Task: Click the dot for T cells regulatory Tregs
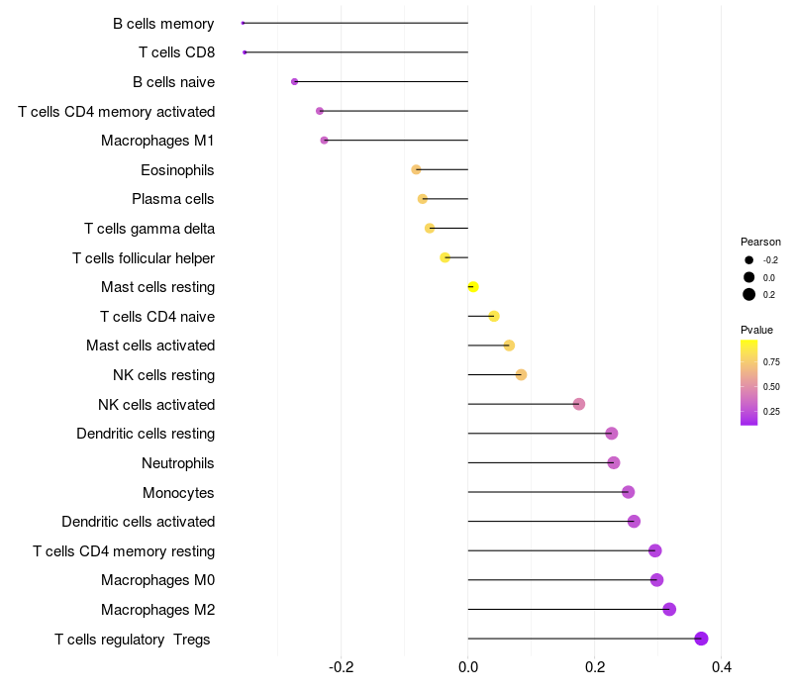[x=701, y=639]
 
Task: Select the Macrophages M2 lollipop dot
[x=669, y=609]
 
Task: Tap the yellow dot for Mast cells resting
[x=473, y=287]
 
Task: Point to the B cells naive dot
[x=294, y=81]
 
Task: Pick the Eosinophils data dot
[x=416, y=170]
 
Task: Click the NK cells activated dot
[x=579, y=404]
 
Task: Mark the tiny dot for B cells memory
[x=243, y=23]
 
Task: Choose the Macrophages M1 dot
[x=324, y=141]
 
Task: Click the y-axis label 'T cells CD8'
[x=176, y=52]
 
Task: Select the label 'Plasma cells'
[x=173, y=199]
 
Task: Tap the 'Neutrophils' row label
[x=178, y=463]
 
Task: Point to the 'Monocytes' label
[x=178, y=493]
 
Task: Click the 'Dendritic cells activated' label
[x=138, y=522]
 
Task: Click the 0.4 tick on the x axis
[x=721, y=667]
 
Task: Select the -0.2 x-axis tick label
[x=341, y=667]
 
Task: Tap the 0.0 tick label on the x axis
[x=468, y=667]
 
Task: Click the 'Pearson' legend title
[x=760, y=242]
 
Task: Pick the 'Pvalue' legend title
[x=756, y=330]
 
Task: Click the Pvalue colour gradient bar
[x=748, y=382]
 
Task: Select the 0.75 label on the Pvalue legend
[x=770, y=361]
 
